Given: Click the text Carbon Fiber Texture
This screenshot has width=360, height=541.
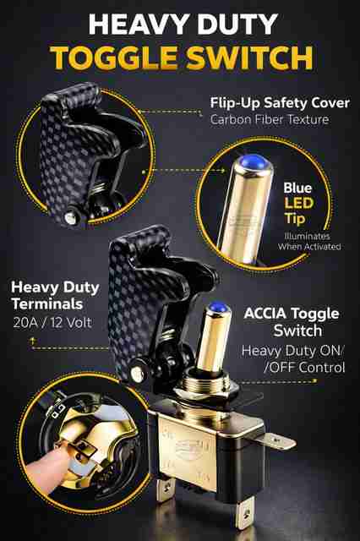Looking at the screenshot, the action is click(270, 120).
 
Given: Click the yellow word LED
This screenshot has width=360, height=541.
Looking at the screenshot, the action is click(299, 204).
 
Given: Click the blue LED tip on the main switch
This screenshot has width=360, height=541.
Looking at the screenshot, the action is click(216, 306).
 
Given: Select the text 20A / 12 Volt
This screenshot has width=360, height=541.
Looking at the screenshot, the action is click(52, 323).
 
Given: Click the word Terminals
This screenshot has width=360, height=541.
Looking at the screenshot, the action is click(47, 304).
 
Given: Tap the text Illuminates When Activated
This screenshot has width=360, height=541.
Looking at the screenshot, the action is click(309, 242).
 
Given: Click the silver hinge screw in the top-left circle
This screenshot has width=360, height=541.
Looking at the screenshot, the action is click(70, 217).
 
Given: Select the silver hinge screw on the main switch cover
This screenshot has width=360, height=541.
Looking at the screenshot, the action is click(137, 374).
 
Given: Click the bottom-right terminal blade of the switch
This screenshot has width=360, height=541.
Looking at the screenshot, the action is click(245, 511).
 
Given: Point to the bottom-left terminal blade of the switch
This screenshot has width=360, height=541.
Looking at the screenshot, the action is click(165, 487).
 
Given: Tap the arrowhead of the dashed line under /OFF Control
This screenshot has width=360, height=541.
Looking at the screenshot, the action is click(314, 381).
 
